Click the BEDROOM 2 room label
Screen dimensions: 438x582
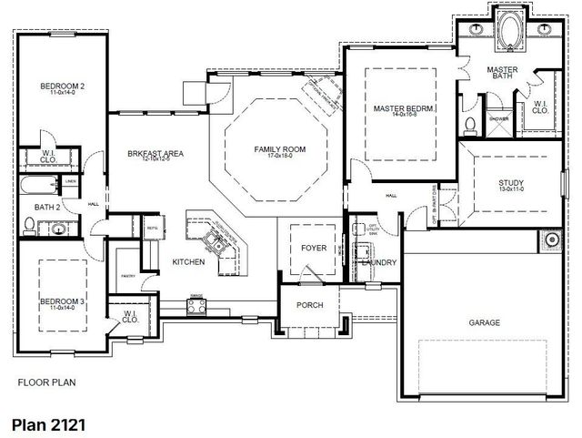click(62, 87)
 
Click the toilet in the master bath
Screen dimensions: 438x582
click(469, 126)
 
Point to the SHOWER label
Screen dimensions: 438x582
click(498, 118)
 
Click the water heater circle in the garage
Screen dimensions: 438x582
click(551, 241)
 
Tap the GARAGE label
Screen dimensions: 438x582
click(484, 322)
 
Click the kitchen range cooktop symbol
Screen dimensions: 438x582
click(195, 305)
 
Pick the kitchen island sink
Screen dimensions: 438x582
click(216, 241)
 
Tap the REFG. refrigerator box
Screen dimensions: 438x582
click(153, 229)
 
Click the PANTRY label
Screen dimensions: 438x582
click(127, 276)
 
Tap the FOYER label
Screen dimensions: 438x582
click(313, 248)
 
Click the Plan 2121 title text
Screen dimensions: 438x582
click(51, 423)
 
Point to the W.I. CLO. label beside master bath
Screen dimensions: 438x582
click(540, 107)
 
